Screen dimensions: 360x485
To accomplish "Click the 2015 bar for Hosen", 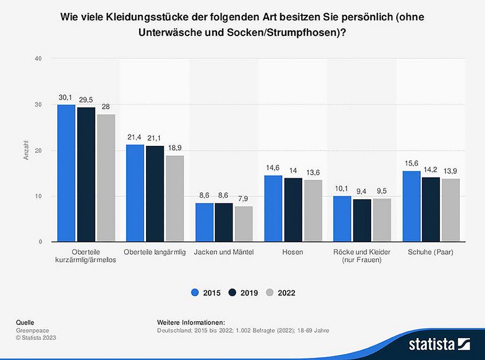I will [273, 208].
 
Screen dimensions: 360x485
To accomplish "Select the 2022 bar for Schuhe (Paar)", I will [450, 210].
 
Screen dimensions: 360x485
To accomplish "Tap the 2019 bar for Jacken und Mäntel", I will [224, 222].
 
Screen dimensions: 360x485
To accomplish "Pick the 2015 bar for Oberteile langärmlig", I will [135, 193].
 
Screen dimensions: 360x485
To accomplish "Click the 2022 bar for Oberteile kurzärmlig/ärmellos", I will [105, 178].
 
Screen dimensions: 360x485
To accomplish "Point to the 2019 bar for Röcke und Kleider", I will [362, 220].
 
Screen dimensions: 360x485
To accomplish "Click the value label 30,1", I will [66, 98].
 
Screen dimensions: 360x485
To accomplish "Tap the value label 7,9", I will [243, 199].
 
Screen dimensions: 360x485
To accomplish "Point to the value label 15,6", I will [411, 164].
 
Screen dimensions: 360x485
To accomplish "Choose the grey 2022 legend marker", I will [270, 292].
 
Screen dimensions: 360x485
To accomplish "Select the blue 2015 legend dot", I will [195, 292].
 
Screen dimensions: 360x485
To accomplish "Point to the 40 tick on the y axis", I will [38, 58].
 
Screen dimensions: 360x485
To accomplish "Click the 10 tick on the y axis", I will [38, 196].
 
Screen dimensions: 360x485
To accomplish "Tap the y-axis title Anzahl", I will [26, 151].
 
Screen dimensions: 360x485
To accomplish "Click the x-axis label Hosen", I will [293, 252].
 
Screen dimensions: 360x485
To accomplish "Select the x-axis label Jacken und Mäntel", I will [223, 252].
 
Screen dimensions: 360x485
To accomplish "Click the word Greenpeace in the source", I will [32, 330].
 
